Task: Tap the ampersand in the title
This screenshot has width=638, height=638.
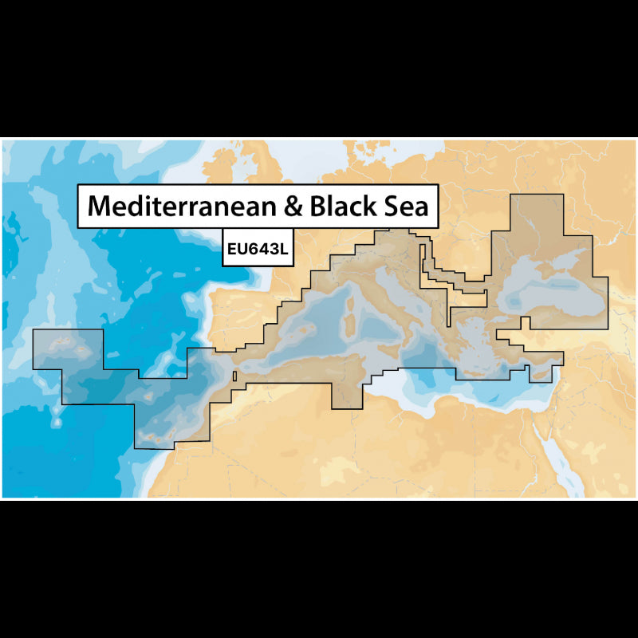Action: (293, 207)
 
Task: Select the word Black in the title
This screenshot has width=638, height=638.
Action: (345, 207)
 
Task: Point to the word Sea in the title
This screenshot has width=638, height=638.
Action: (407, 207)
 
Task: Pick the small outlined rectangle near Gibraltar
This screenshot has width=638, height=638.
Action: (234, 376)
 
